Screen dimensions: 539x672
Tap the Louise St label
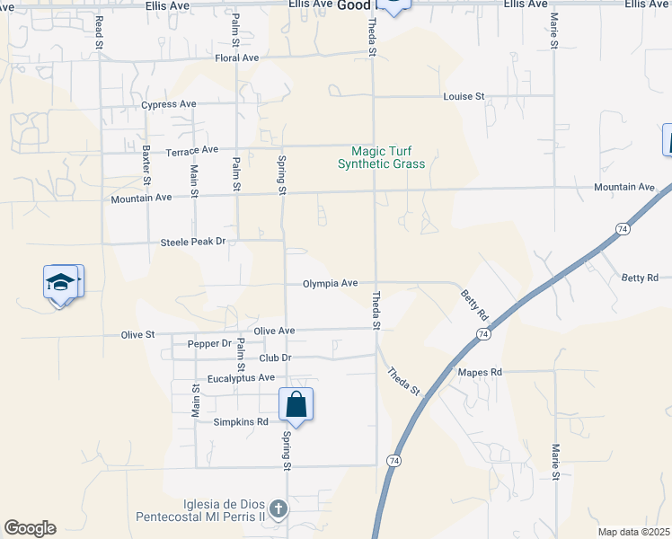[x=464, y=96]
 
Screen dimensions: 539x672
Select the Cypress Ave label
[x=169, y=104]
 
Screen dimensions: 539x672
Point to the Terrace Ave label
[x=192, y=150]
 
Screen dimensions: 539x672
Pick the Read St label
[x=98, y=28]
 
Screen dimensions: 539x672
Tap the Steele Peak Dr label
[x=192, y=242]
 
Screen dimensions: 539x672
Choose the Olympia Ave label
[x=330, y=283]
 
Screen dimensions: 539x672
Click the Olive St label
[x=138, y=335]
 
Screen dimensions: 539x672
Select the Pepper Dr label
[x=209, y=344]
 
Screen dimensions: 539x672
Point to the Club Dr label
[x=276, y=358]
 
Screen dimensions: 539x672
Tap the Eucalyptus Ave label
[x=241, y=378]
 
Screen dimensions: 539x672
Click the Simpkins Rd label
[x=241, y=421]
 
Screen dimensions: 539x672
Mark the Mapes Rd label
[x=479, y=372]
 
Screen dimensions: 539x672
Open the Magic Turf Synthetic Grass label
[x=381, y=158]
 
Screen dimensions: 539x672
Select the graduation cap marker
[x=60, y=283]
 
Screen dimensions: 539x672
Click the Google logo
[x=30, y=528]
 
